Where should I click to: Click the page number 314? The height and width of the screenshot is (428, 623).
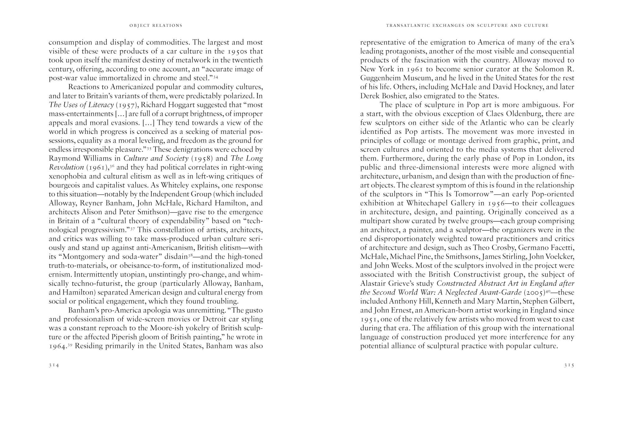[54, 365]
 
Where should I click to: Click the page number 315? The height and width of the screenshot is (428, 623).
[569, 365]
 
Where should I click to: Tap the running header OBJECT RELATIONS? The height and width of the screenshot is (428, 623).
[156, 26]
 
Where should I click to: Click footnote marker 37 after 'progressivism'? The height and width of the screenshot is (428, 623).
[132, 228]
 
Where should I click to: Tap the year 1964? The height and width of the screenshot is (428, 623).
[58, 346]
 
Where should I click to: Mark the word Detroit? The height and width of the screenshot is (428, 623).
[217, 319]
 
